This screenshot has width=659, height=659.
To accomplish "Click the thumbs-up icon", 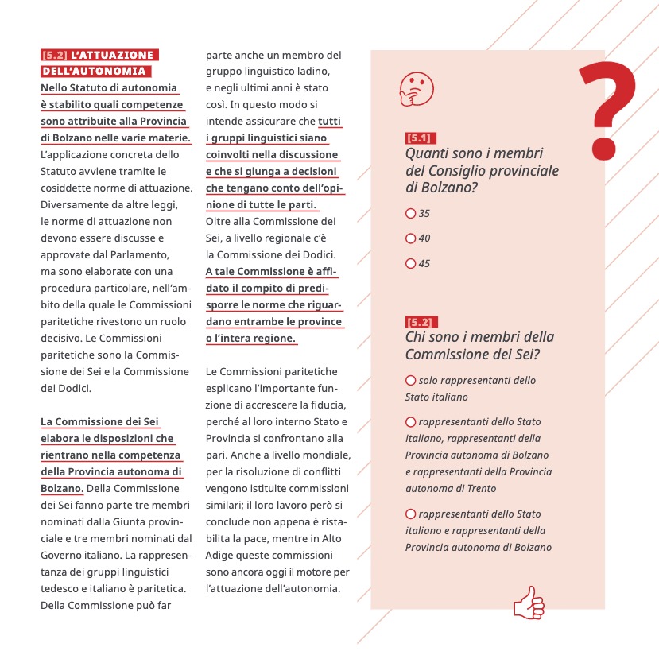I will [x=529, y=603].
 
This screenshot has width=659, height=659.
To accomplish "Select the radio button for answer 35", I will [x=410, y=213].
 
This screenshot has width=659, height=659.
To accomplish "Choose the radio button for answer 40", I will [x=410, y=238].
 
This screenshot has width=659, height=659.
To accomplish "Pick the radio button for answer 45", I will [x=410, y=263].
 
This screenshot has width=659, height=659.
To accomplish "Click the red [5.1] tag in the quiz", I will [x=421, y=138].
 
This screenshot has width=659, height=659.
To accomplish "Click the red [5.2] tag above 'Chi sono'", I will [x=421, y=322].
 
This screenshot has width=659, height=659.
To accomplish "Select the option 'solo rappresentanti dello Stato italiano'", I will [x=410, y=381].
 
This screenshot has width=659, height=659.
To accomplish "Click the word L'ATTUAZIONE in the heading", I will [x=111, y=56].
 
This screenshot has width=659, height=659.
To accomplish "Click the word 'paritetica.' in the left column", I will [x=159, y=588].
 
